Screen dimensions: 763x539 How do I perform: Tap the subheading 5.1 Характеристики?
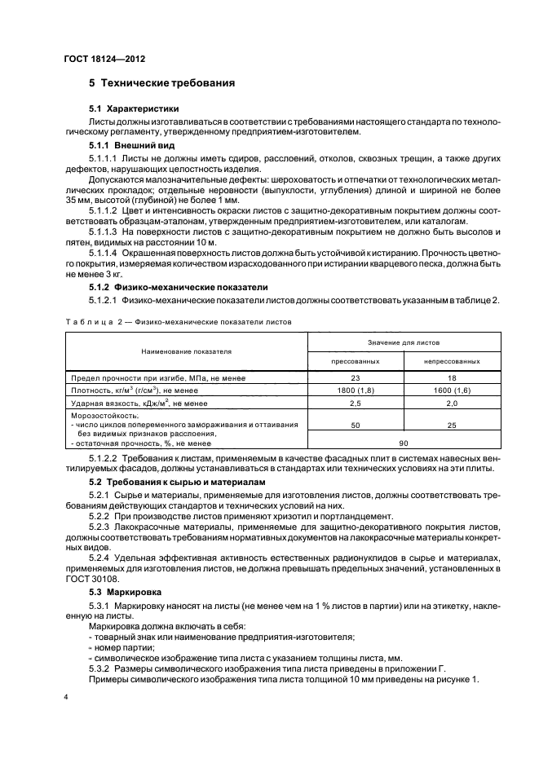134,108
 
